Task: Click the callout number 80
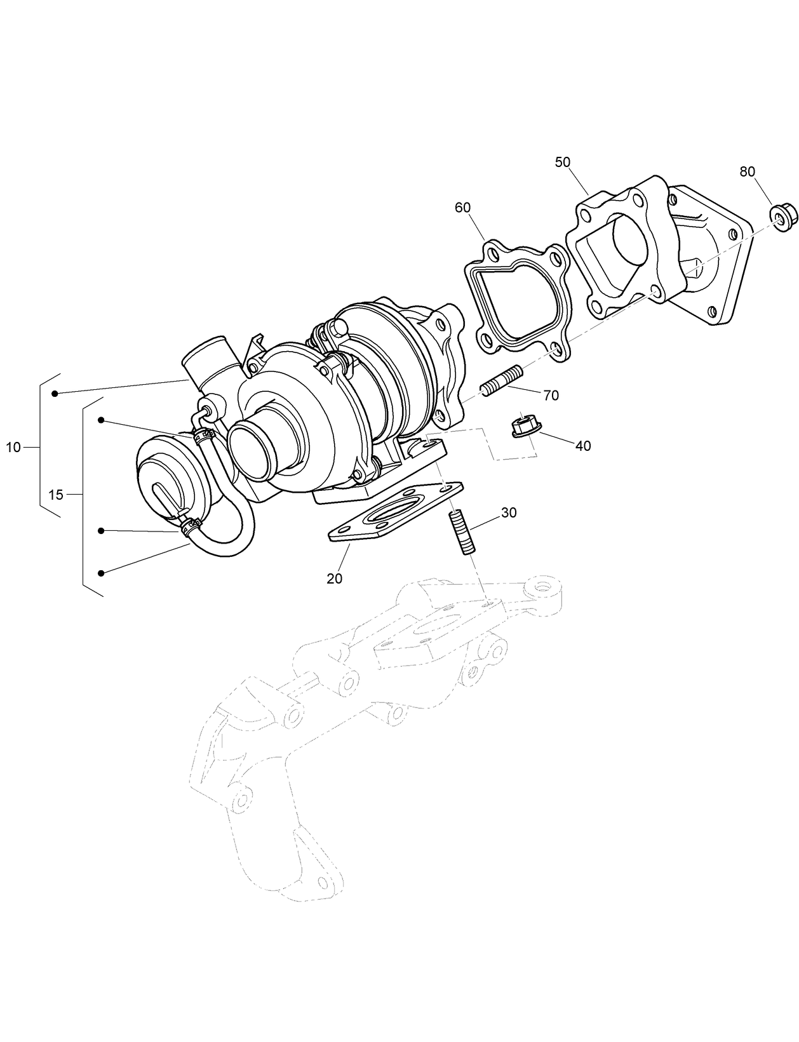pyautogui.click(x=747, y=171)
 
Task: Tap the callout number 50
pyautogui.click(x=562, y=162)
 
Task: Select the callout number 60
pyautogui.click(x=462, y=208)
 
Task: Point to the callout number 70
pyautogui.click(x=551, y=396)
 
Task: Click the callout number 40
pyautogui.click(x=582, y=446)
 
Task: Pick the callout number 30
pyautogui.click(x=509, y=512)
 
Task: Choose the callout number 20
pyautogui.click(x=334, y=578)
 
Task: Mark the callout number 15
pyautogui.click(x=56, y=495)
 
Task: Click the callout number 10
pyautogui.click(x=13, y=448)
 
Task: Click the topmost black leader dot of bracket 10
pyautogui.click(x=55, y=394)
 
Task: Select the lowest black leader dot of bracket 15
pyautogui.click(x=101, y=573)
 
